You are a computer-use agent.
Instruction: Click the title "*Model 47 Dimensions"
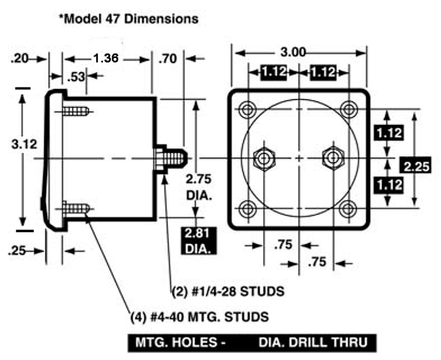(x=129, y=20)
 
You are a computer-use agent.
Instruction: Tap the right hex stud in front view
(x=332, y=156)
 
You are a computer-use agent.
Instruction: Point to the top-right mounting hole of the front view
(x=348, y=110)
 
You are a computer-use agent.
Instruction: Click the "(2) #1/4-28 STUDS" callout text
(x=228, y=292)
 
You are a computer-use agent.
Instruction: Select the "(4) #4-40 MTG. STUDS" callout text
(x=199, y=317)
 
